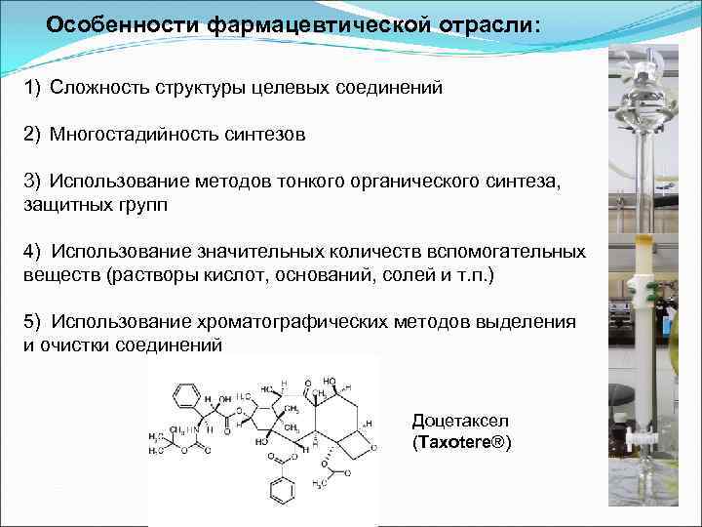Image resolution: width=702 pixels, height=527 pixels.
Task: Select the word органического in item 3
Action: tap(425, 182)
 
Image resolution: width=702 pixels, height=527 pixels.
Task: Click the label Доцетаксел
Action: tap(460, 422)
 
